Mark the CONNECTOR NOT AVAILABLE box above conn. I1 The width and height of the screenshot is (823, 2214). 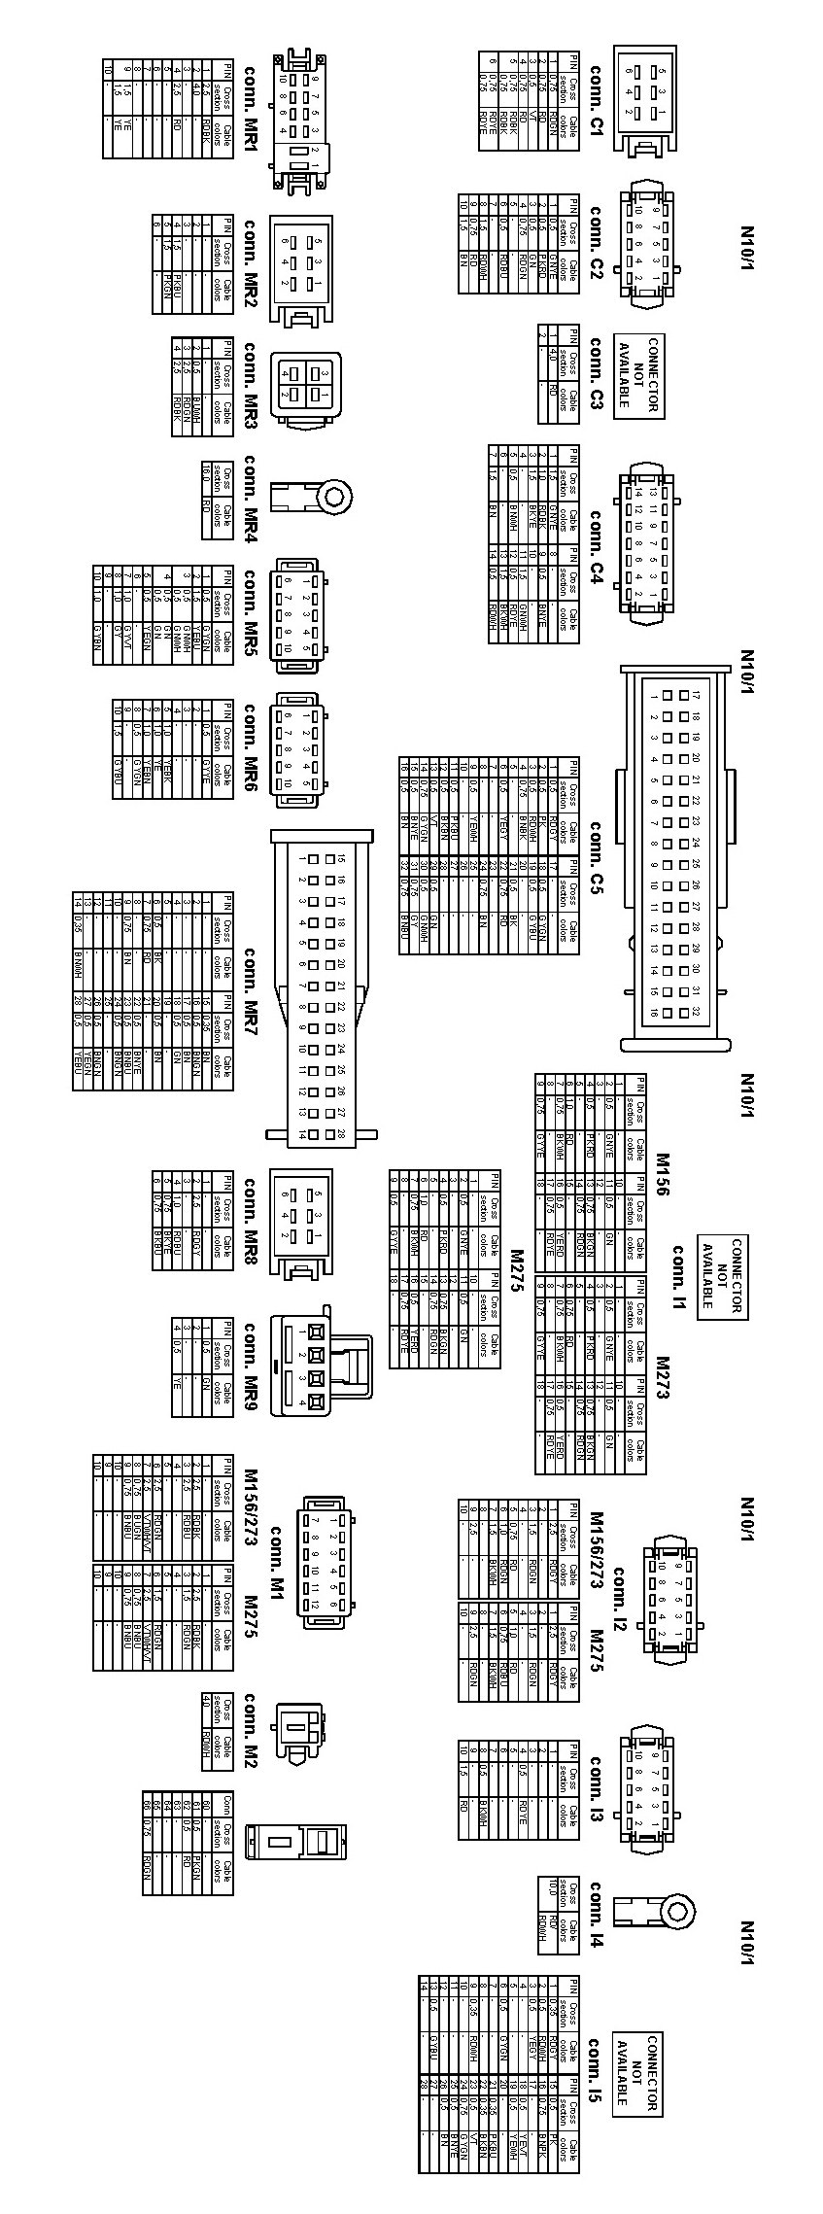click(723, 1276)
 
